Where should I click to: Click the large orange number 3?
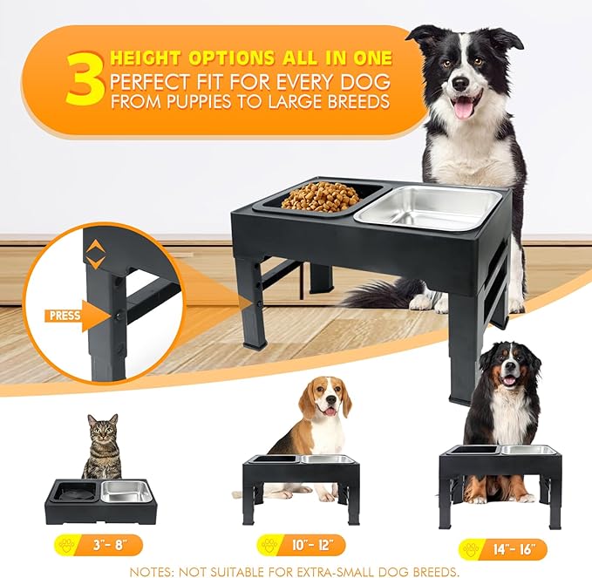click(85, 79)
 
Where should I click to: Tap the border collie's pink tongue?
click(465, 107)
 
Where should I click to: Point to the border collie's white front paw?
click(421, 303)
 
